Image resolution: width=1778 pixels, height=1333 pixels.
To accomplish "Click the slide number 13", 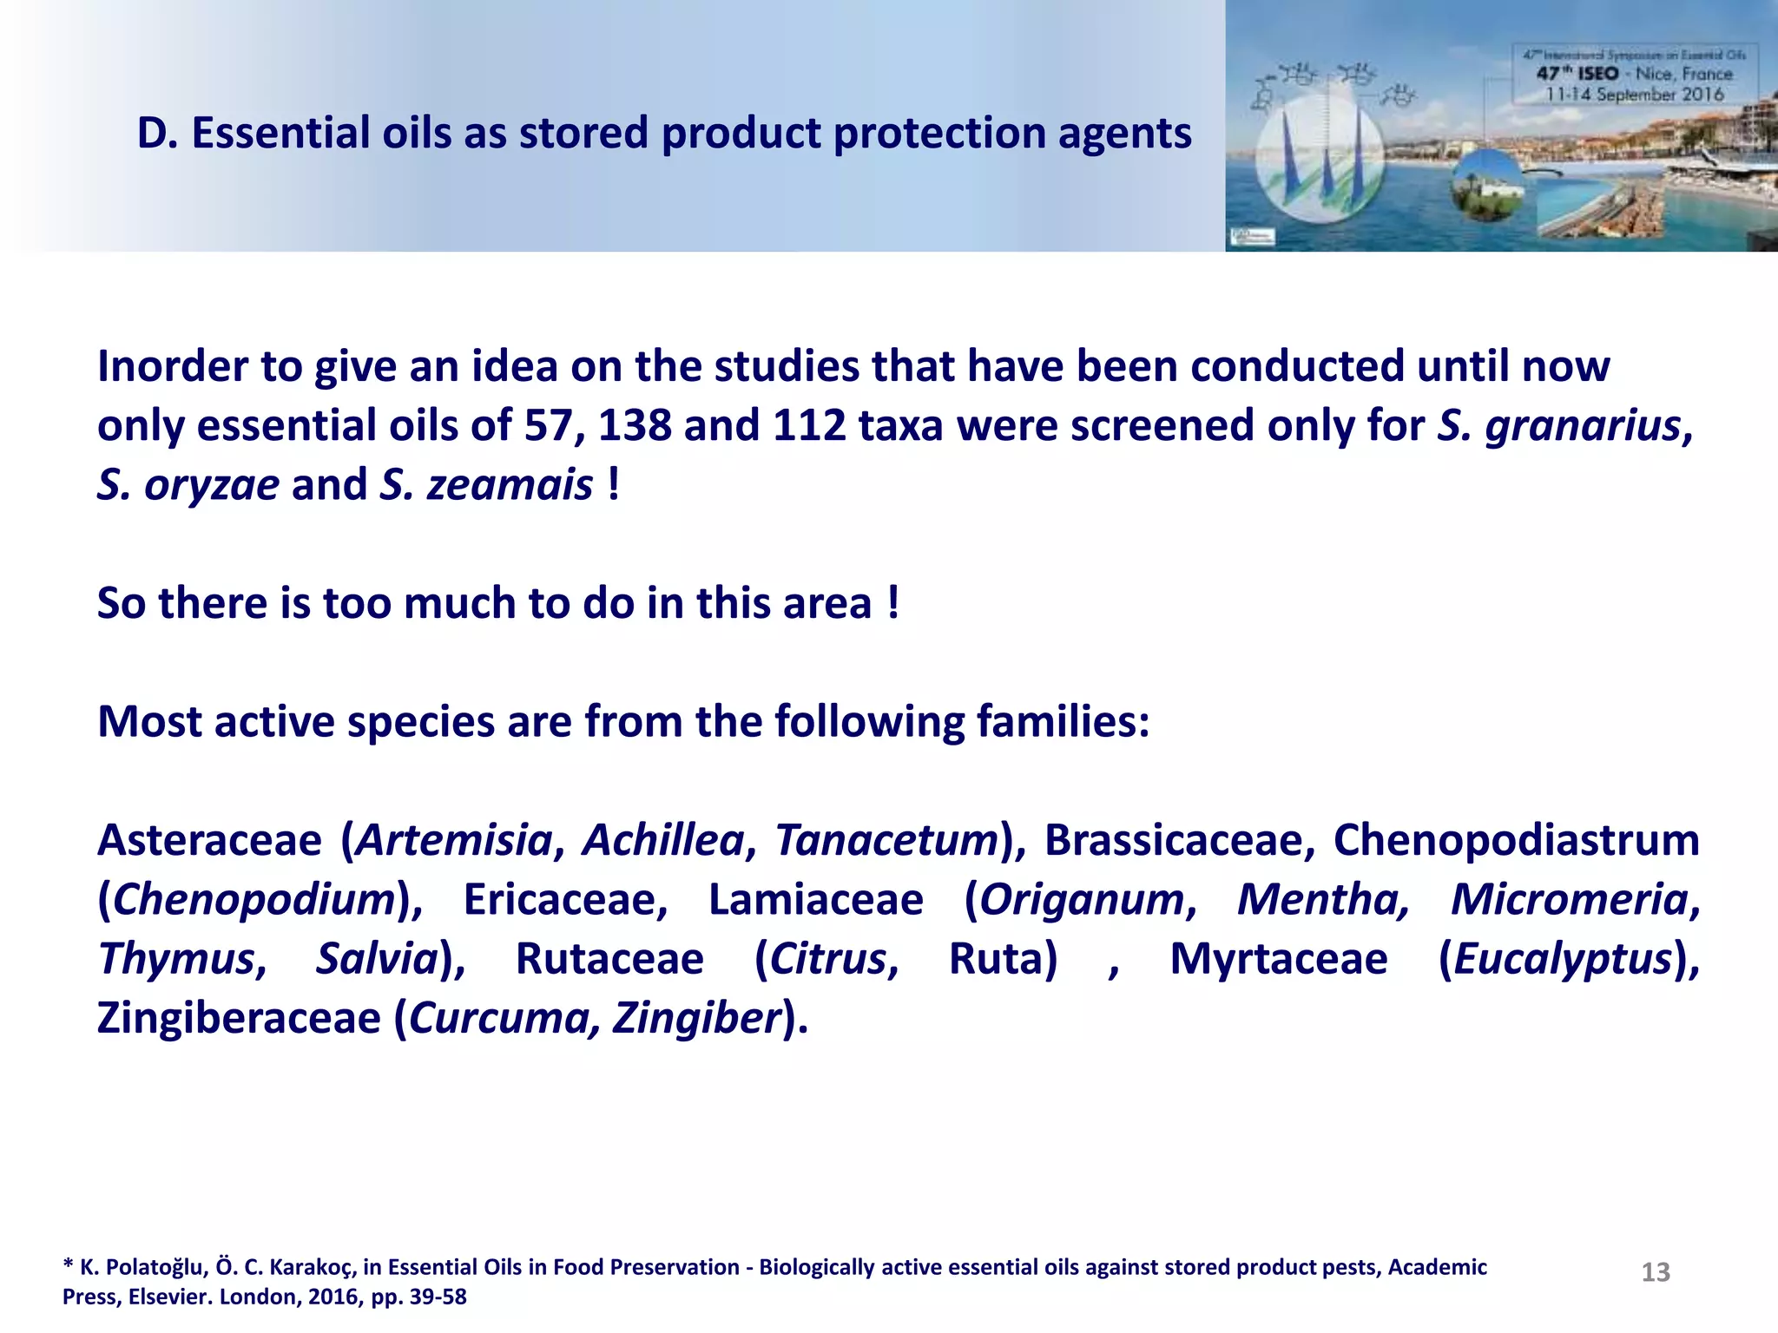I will [x=1656, y=1272].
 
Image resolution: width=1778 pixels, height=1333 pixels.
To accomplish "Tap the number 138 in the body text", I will [x=635, y=425].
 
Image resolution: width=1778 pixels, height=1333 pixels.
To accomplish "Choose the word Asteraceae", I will [x=209, y=840].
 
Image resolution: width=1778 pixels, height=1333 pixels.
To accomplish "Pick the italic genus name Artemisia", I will [x=454, y=840].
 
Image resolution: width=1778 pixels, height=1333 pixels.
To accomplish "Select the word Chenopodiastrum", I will [x=1516, y=840].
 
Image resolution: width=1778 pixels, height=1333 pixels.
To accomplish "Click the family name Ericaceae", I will [x=565, y=899].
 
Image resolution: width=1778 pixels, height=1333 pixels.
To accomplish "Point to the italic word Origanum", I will [x=1082, y=899].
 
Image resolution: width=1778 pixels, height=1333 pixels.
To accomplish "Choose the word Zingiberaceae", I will [x=239, y=1018].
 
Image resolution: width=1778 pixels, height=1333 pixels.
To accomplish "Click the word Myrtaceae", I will [x=1279, y=959].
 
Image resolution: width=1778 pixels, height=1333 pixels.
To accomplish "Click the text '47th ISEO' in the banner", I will [x=1577, y=74].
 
